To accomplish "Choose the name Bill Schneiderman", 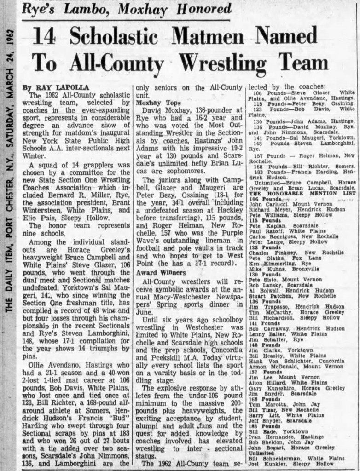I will coord(276,459).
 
